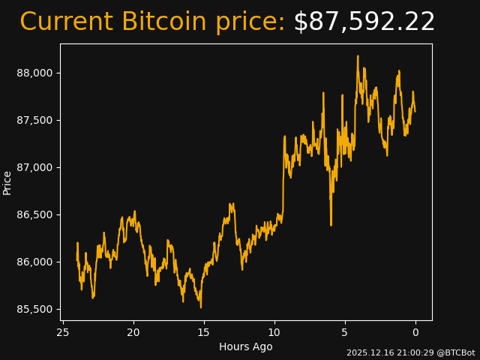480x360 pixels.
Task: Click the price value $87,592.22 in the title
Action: (x=364, y=22)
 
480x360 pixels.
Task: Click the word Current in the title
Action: (x=66, y=22)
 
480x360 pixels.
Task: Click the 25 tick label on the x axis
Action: (x=63, y=332)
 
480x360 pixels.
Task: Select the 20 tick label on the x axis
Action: (x=133, y=332)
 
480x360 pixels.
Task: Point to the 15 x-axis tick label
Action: (x=204, y=332)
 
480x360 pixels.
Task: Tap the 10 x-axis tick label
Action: (x=274, y=332)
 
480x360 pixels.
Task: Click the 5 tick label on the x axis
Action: (x=345, y=332)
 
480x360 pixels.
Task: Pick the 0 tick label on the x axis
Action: (x=415, y=332)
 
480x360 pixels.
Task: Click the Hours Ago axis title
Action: (x=246, y=346)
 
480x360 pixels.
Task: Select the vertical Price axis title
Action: (x=7, y=182)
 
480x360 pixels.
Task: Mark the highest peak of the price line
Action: (x=358, y=55)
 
